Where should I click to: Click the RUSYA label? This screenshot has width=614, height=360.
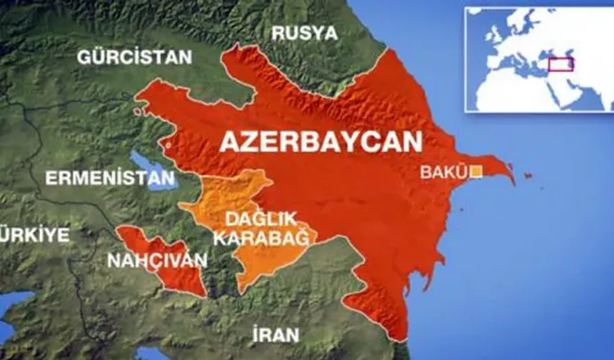tap(304, 33)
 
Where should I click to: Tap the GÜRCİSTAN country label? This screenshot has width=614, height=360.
tap(135, 57)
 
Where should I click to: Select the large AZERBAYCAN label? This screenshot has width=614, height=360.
tap(321, 142)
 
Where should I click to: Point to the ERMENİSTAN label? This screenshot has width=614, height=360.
tap(109, 178)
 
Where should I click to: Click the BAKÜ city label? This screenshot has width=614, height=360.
tap(443, 172)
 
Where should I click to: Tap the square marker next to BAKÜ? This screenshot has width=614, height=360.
tap(476, 171)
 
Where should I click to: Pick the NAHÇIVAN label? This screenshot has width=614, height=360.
tap(157, 260)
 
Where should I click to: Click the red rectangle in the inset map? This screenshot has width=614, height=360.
tap(561, 65)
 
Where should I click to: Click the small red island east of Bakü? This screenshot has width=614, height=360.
tap(528, 176)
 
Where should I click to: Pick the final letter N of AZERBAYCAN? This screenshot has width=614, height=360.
tap(410, 142)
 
